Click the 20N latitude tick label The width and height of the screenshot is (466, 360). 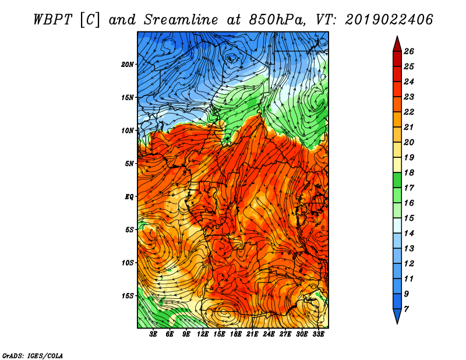pyautogui.click(x=128, y=64)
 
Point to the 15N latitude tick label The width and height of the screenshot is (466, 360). pyautogui.click(x=128, y=97)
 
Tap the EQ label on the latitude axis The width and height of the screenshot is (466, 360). pyautogui.click(x=129, y=196)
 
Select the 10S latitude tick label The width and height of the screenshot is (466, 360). pyautogui.click(x=128, y=263)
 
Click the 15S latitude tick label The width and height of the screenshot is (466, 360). pyautogui.click(x=128, y=296)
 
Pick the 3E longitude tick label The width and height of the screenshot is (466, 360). pyautogui.click(x=154, y=334)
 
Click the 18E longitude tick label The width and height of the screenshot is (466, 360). pyautogui.click(x=236, y=334)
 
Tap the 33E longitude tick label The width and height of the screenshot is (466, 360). pyautogui.click(x=319, y=334)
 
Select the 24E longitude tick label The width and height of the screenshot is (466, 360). pyautogui.click(x=269, y=334)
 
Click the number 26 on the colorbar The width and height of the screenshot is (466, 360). pyautogui.click(x=416, y=51)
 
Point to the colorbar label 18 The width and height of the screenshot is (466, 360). pyautogui.click(x=416, y=173)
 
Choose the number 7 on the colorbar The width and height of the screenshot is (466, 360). pyautogui.click(x=414, y=308)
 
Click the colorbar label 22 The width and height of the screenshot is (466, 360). pyautogui.click(x=416, y=112)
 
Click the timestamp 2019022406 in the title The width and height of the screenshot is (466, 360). pyautogui.click(x=389, y=19)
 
